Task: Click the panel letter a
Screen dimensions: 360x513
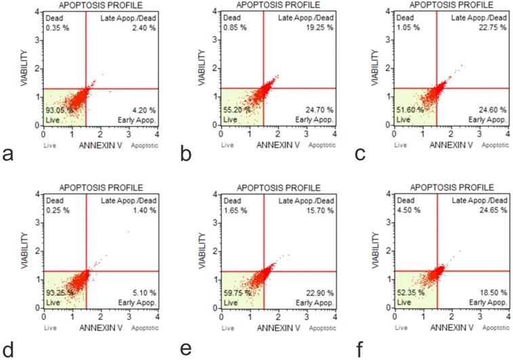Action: pos(8,155)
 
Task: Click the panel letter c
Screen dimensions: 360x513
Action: pos(361,155)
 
